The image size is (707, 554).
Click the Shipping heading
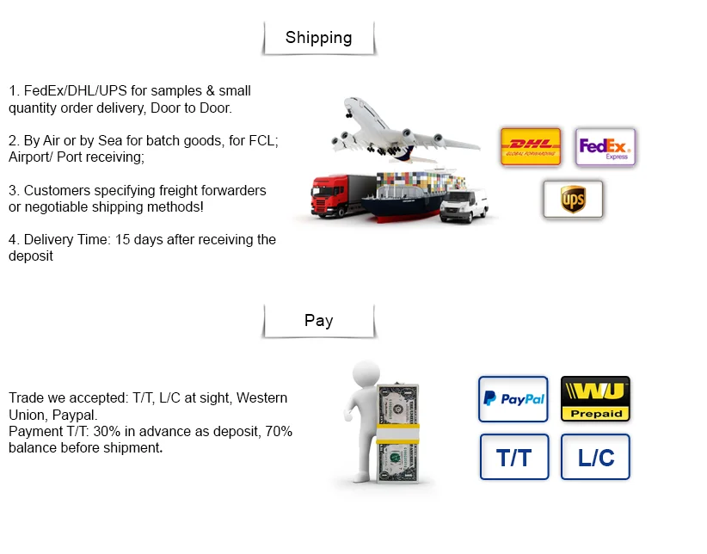click(318, 38)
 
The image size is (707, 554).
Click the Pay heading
click(318, 321)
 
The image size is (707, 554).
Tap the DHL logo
click(531, 146)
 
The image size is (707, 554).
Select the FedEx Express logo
click(606, 147)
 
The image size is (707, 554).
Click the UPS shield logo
click(573, 200)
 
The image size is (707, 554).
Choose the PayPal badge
click(513, 399)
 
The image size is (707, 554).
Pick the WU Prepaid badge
click(595, 399)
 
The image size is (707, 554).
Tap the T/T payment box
click(513, 457)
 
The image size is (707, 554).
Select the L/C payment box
click(595, 457)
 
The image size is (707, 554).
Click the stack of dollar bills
click(399, 434)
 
